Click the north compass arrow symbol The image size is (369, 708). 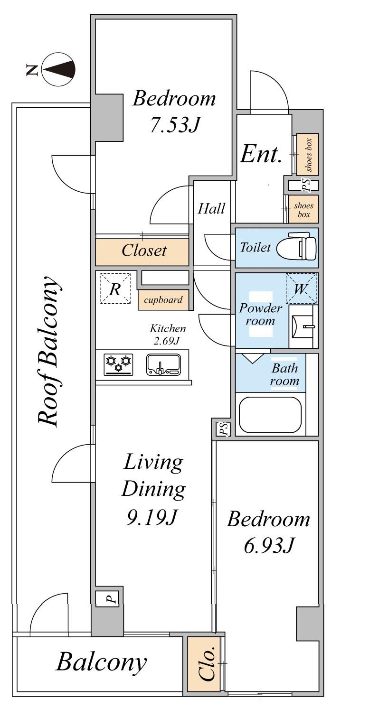pyautogui.click(x=59, y=69)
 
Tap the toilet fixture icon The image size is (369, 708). pyautogui.click(x=297, y=247)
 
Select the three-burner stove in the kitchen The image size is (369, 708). pyautogui.click(x=119, y=365)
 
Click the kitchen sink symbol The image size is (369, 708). pyautogui.click(x=163, y=365)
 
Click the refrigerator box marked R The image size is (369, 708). pyautogui.click(x=115, y=288)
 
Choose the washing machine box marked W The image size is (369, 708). pyautogui.click(x=301, y=288)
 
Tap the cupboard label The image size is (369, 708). pyautogui.click(x=163, y=299)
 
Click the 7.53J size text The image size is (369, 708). pyautogui.click(x=175, y=124)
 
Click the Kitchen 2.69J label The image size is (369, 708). pyautogui.click(x=167, y=334)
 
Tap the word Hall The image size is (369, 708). pyautogui.click(x=211, y=209)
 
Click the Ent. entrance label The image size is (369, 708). pyautogui.click(x=261, y=155)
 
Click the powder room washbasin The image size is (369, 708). pyautogui.click(x=303, y=326)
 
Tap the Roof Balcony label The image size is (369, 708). pyautogui.click(x=48, y=352)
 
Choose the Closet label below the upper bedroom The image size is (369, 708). pyautogui.click(x=144, y=251)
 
